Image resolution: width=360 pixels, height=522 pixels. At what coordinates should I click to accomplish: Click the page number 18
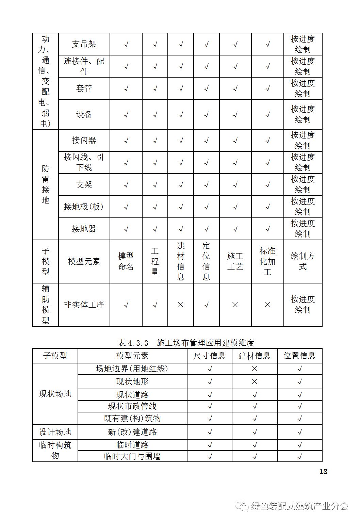pos(323,471)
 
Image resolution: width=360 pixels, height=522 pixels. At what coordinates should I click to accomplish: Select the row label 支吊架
pos(84,44)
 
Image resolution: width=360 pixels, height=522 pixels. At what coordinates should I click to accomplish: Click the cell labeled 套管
pos(84,88)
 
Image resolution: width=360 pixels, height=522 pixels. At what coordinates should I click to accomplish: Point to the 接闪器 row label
pos(84,140)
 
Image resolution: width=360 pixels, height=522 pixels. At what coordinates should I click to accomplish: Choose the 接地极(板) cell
pos(84,207)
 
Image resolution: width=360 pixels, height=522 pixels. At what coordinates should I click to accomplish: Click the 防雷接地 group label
pos(46,184)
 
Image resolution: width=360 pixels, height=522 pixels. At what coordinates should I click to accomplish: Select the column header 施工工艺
pos(235,261)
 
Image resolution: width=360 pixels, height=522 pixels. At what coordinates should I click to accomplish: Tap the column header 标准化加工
pos(267,261)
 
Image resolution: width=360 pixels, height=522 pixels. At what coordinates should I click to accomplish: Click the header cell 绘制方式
pos(303,261)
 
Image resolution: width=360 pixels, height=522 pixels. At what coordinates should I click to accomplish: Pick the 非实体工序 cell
pos(84,305)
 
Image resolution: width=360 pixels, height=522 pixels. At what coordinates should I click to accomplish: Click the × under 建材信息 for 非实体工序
pos(181,305)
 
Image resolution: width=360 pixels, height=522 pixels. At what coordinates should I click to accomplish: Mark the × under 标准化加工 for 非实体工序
pos(267,305)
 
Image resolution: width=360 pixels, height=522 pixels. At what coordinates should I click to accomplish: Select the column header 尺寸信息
pos(210,356)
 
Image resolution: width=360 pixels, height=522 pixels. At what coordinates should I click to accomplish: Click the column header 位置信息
pos(299,356)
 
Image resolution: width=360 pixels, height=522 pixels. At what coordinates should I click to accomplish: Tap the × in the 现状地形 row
pos(255,382)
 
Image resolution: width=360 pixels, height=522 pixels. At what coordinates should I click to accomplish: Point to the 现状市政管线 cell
pos(132,406)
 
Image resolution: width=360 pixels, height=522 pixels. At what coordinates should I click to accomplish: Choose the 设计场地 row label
pos(55,432)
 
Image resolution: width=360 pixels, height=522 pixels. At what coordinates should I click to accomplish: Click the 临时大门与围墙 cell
pos(132,456)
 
